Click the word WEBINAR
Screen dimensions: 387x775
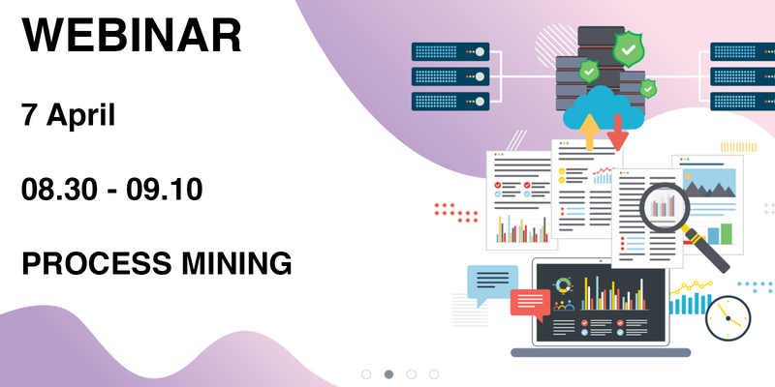pos(132,36)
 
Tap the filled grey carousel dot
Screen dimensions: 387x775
pos(388,373)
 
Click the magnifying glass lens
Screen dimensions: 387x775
pos(664,205)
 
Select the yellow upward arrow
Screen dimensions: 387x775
pos(588,131)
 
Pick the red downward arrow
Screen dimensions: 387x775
pos(616,133)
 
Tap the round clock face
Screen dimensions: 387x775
pos(728,317)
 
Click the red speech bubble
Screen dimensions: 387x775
pos(530,302)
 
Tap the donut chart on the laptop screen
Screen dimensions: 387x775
pos(563,286)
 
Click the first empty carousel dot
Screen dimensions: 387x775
pos(366,373)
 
